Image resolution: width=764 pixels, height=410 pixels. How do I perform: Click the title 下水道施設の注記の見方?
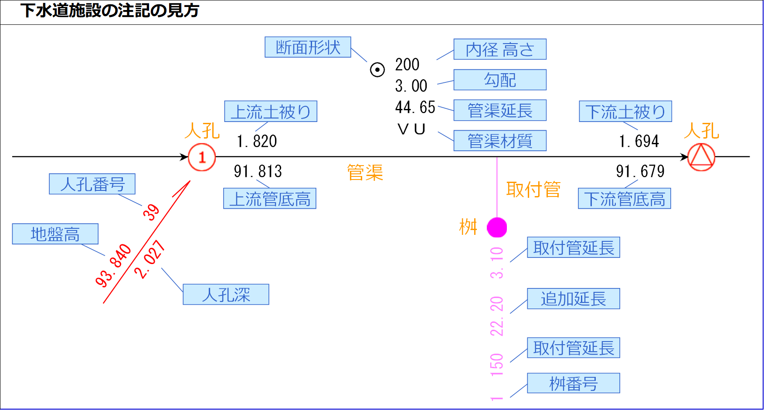coord(110,10)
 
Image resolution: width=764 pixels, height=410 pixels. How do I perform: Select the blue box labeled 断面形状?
coord(308,47)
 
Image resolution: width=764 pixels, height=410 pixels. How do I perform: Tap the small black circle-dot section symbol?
coord(377,70)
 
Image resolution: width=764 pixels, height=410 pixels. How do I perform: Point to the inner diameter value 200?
coord(407,65)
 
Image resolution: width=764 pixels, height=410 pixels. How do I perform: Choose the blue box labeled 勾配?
coord(500,80)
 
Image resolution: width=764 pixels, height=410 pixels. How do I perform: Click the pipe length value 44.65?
coord(415,107)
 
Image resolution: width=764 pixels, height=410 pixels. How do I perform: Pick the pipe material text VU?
coord(411,129)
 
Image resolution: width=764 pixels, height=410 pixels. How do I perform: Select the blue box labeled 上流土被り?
coord(271,112)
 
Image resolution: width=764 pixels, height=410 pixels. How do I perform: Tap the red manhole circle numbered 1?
coord(202,157)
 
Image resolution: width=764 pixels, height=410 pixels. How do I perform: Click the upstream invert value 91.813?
coord(258,171)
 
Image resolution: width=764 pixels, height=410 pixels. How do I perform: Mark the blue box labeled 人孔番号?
coord(92,184)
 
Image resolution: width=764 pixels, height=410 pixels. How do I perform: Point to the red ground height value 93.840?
coord(113,266)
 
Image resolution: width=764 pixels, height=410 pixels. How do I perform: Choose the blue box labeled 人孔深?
coord(226,295)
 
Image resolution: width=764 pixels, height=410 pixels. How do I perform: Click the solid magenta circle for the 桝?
coord(497,227)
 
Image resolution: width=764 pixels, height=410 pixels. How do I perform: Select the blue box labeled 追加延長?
coord(573,298)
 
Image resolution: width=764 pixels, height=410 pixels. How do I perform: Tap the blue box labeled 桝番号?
coord(573,383)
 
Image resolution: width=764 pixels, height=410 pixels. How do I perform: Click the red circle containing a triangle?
coord(701,157)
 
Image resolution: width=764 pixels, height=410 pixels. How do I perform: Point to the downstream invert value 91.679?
coord(640,171)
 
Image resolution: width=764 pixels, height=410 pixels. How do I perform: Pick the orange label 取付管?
coord(533,190)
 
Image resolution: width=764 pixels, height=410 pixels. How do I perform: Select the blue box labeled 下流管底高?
coord(624,199)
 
